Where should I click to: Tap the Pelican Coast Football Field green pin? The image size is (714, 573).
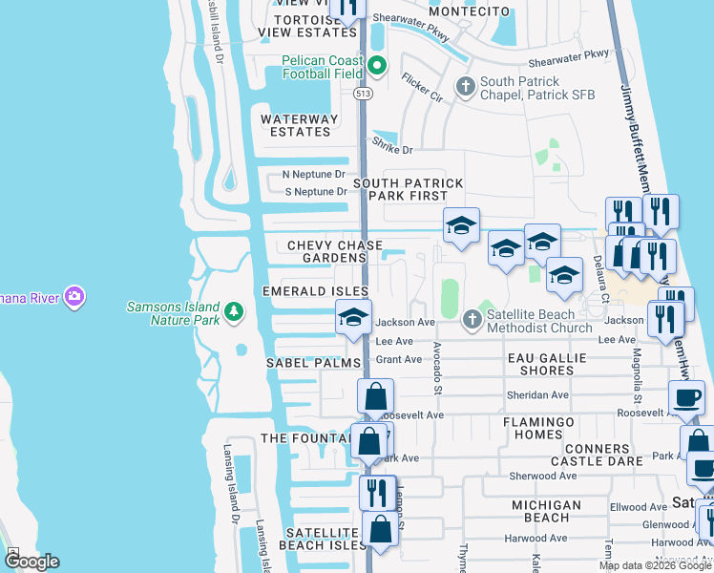376,67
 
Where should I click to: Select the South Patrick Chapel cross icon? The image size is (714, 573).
466,88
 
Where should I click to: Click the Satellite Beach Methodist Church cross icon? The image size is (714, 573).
471,320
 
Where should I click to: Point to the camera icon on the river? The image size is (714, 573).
73,296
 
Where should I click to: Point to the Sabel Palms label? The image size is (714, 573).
313,363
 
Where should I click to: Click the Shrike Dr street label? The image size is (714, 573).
392,149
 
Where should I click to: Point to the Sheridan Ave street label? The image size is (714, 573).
539,394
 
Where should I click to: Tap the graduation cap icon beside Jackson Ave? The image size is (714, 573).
353,317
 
